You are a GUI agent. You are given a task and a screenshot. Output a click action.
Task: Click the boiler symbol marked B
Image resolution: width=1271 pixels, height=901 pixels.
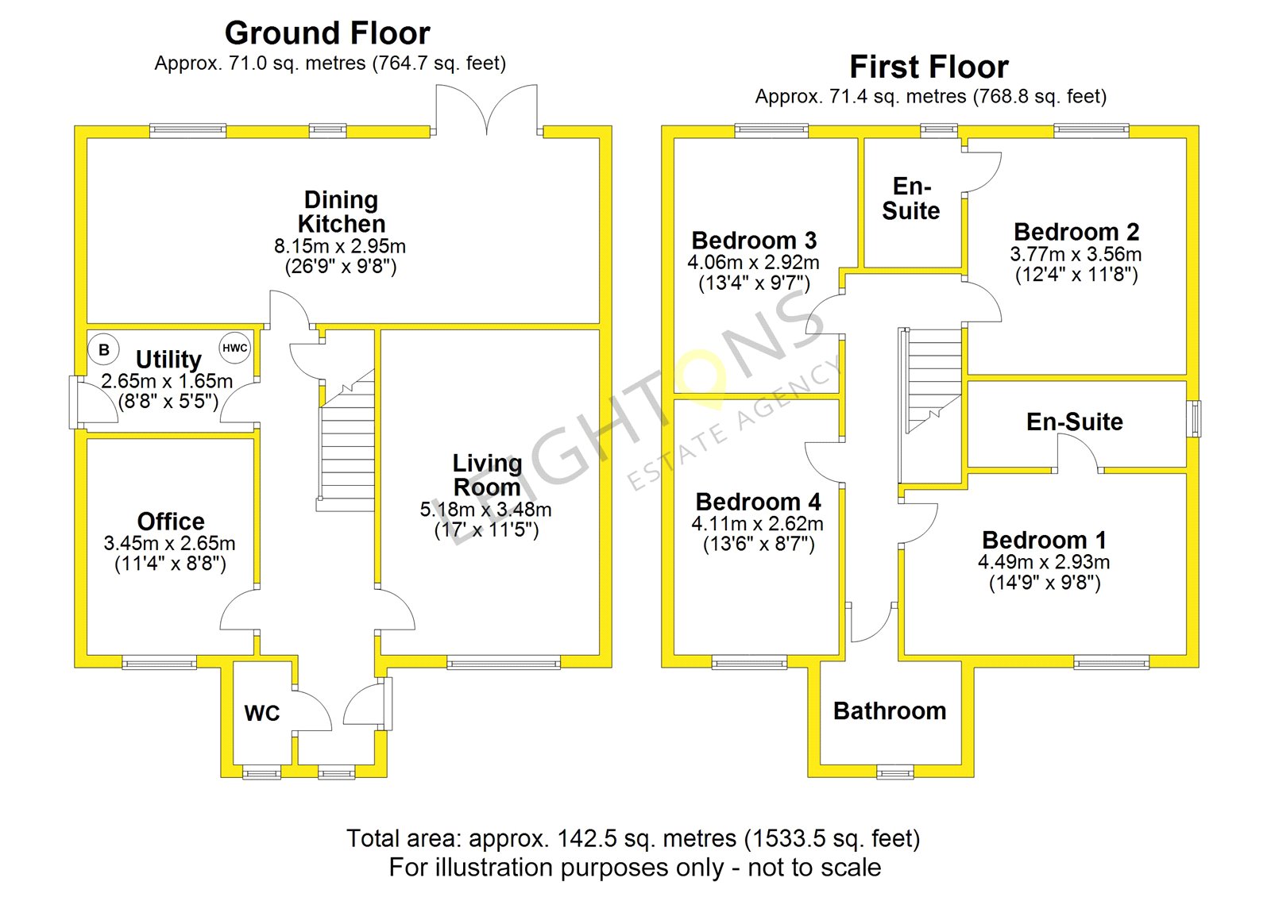point(104,349)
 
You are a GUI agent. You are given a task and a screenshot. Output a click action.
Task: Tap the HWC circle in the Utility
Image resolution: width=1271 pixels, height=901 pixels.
point(235,348)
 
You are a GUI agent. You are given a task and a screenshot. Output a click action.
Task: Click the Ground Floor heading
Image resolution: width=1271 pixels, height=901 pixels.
point(327,33)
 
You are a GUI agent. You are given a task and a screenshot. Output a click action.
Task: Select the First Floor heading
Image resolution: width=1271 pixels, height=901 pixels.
point(929,67)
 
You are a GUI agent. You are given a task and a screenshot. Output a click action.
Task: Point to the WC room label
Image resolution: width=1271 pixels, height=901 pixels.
point(262,714)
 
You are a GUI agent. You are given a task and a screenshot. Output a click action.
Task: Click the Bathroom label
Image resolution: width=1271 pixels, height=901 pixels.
point(890,711)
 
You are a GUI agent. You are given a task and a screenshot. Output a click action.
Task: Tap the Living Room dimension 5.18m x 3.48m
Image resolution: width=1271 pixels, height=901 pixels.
point(485,510)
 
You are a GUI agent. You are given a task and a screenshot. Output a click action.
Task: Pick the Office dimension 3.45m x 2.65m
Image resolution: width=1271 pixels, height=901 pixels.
point(169,543)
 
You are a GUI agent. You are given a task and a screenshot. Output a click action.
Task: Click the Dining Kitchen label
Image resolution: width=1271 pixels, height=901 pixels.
point(342,211)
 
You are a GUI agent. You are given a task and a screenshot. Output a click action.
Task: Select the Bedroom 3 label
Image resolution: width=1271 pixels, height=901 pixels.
point(754,241)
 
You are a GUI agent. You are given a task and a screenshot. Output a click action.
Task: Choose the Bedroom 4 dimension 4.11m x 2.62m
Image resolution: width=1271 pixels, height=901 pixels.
point(758,523)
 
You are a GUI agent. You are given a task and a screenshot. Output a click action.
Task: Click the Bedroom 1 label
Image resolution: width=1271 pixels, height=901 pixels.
point(1044,540)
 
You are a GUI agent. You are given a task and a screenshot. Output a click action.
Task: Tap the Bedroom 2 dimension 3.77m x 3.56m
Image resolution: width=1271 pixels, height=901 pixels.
point(1076,254)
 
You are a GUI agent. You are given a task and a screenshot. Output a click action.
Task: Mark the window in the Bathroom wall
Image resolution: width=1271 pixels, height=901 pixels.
point(895,772)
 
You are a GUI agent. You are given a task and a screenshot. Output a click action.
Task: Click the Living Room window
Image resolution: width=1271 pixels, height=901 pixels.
point(504,662)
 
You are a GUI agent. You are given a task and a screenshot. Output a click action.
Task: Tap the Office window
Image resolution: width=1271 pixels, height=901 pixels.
point(160,662)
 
